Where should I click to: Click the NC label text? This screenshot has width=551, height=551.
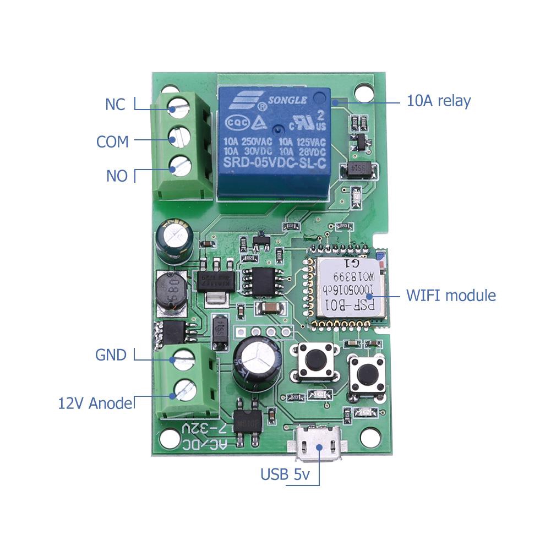(x=115, y=104)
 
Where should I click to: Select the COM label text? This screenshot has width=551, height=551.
(x=112, y=141)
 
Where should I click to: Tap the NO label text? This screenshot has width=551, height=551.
(x=117, y=176)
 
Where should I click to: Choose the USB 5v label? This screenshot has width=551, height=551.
(x=283, y=474)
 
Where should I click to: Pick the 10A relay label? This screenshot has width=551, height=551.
(x=439, y=101)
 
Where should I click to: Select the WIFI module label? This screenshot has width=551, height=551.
(x=451, y=295)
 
